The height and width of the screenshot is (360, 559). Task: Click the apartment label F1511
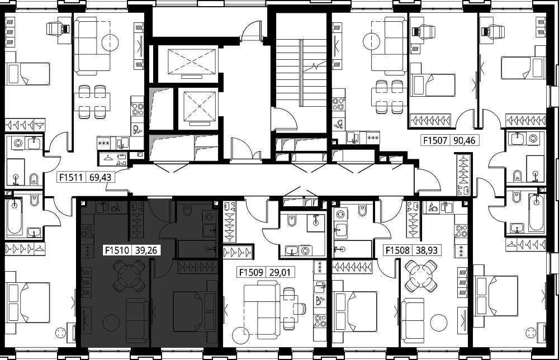click(72, 177)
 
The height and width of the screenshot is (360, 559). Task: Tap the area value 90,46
click(465, 140)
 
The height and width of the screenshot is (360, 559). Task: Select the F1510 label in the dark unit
click(117, 250)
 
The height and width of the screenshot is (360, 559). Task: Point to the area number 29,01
click(280, 273)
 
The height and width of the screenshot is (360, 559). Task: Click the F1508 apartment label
click(397, 250)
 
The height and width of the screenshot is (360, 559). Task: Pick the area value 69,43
click(101, 177)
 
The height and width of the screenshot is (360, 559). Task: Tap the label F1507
click(435, 140)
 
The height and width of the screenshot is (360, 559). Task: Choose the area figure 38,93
click(427, 250)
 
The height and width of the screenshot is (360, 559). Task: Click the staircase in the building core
click(301, 73)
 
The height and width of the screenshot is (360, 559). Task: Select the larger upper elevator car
click(192, 61)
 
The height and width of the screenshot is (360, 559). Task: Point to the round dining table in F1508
click(421, 276)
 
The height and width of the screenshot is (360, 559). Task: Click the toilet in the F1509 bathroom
click(292, 221)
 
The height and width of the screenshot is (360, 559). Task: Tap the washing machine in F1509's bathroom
click(305, 251)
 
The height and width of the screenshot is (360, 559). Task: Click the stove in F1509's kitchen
click(320, 321)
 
